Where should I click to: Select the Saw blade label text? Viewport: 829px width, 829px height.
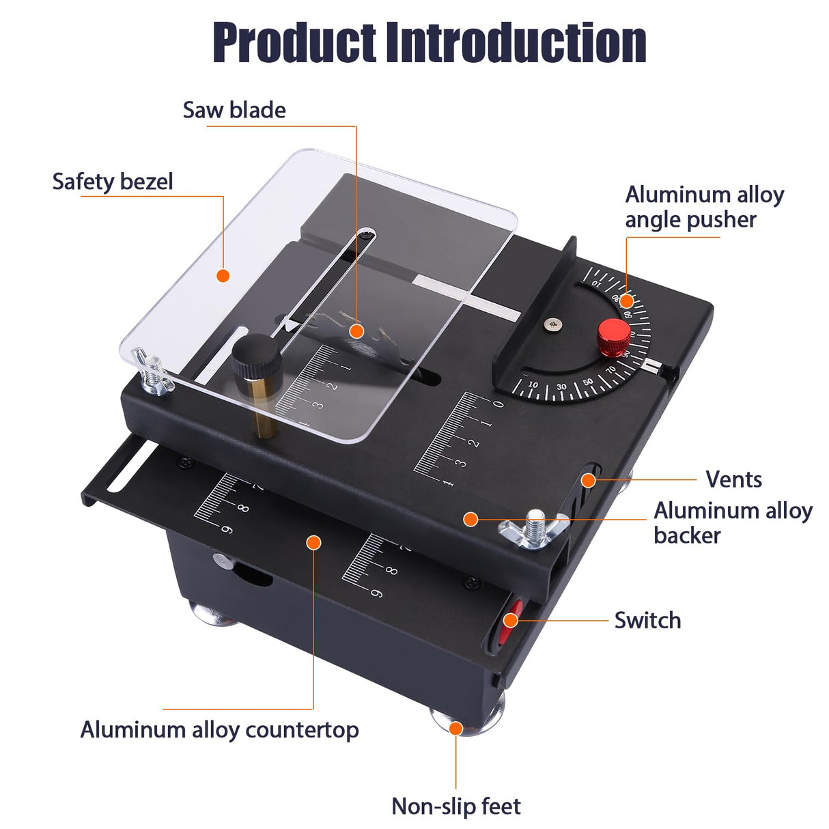(234, 110)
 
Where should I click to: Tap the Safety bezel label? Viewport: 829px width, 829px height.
(113, 182)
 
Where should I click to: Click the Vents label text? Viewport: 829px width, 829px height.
(733, 479)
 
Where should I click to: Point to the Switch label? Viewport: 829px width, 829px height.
(647, 620)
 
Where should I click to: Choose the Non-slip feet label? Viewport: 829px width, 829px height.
(455, 806)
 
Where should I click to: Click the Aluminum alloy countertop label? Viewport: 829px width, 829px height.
(219, 729)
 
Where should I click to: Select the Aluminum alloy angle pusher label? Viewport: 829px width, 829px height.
(703, 207)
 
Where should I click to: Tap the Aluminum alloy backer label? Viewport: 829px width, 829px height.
(732, 523)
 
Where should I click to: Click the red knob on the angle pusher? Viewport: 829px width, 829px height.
(613, 335)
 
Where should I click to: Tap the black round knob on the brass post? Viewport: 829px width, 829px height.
(256, 356)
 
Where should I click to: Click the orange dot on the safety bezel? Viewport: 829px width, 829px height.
(223, 275)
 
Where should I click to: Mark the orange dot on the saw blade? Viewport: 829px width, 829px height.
(356, 331)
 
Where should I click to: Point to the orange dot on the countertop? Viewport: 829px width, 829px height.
(313, 543)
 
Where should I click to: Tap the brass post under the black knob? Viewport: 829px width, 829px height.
(260, 406)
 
